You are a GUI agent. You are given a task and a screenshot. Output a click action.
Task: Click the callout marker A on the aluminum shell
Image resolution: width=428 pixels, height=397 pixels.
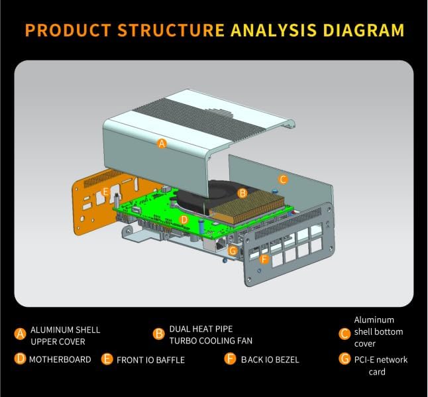click(x=162, y=142)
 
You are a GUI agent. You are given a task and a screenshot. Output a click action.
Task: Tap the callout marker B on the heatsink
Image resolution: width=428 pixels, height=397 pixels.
click(x=242, y=193)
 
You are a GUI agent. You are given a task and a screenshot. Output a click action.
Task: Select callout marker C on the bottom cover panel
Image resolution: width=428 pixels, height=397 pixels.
click(x=283, y=178)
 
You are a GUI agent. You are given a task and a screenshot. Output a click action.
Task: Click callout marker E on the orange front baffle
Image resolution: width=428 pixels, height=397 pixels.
click(x=105, y=192)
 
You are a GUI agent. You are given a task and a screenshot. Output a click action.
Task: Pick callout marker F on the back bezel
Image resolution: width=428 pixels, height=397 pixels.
click(x=265, y=259)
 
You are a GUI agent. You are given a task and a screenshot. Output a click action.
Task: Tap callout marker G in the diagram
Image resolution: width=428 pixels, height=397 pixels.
click(x=233, y=251)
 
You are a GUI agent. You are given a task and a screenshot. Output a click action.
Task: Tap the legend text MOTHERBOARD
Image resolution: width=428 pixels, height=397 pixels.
click(x=60, y=359)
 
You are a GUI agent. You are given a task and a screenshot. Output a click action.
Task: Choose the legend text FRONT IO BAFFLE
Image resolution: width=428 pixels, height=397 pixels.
click(x=150, y=360)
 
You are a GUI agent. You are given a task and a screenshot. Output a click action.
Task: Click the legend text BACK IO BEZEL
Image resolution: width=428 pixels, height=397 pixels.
click(x=270, y=360)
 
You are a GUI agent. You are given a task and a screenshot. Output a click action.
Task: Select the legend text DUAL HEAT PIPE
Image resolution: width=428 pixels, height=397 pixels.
click(x=201, y=329)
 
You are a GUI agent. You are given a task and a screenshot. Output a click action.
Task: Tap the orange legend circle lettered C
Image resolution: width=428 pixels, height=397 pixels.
click(x=344, y=333)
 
